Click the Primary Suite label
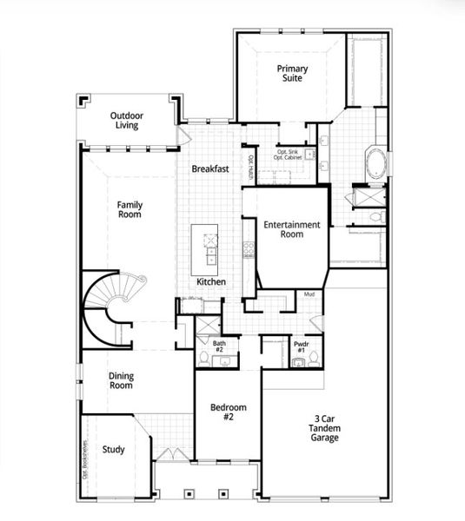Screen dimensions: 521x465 (293, 73)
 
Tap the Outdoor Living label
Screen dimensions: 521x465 (127, 121)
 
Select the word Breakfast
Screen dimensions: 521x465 (210, 169)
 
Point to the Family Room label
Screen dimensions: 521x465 (130, 209)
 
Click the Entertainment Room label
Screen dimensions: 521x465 (292, 229)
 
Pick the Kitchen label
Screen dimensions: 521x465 (211, 282)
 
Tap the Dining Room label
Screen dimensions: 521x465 (121, 381)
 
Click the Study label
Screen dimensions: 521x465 (113, 450)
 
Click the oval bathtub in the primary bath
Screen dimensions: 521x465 (379, 162)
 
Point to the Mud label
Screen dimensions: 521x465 (309, 294)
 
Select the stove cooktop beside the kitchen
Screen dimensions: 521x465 (249, 251)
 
